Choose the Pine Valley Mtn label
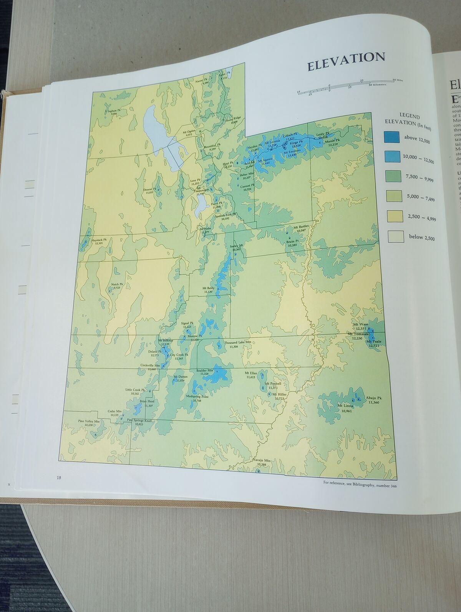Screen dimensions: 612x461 coord(89,421)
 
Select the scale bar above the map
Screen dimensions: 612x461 coord(346,87)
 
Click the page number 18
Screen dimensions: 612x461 coord(59,478)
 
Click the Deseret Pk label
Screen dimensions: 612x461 coord(150,189)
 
